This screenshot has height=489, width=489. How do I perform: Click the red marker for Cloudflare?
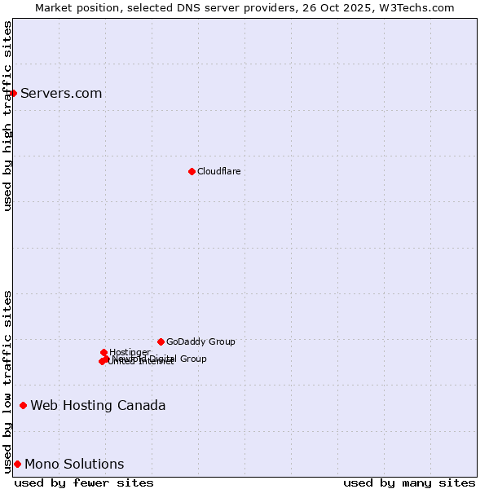click(192, 171)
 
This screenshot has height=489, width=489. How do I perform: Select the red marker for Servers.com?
click(14, 93)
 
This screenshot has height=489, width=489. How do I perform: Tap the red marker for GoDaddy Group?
click(161, 341)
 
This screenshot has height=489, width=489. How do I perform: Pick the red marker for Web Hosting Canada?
click(23, 405)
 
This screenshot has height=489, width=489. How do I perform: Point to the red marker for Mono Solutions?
click(17, 464)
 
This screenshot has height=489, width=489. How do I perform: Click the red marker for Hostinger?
click(104, 352)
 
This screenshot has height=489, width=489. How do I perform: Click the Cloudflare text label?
click(218, 171)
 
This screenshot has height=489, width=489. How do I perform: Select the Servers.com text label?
click(61, 93)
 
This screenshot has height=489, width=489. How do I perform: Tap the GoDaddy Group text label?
click(200, 341)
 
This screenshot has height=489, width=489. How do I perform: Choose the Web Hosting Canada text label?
click(98, 405)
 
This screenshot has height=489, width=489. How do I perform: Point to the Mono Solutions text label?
click(74, 464)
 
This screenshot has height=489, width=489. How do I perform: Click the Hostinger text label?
click(130, 352)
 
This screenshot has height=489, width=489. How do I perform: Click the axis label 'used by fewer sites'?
click(84, 482)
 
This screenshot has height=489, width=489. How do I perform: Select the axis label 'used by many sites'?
click(409, 482)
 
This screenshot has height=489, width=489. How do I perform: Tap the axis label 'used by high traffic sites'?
click(8, 116)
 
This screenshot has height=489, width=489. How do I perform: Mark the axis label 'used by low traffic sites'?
click(8, 381)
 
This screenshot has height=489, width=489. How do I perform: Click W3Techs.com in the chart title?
click(421, 7)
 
